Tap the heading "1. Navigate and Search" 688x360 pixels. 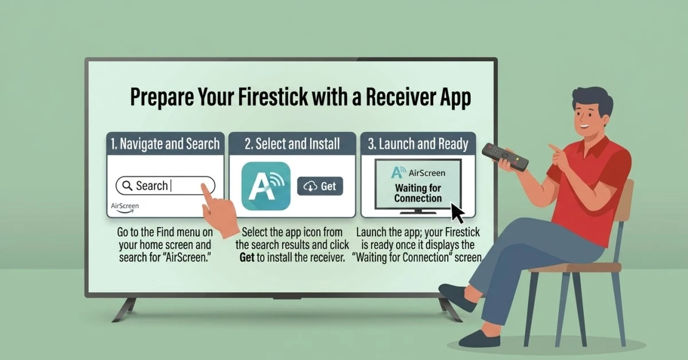pos(165,144)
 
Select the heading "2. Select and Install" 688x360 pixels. pos(292,144)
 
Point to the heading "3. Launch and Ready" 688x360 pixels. pos(418,144)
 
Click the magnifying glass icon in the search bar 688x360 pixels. pos(127,186)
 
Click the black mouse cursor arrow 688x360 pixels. pos(458,212)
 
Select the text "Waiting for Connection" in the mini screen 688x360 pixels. pos(418,193)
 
